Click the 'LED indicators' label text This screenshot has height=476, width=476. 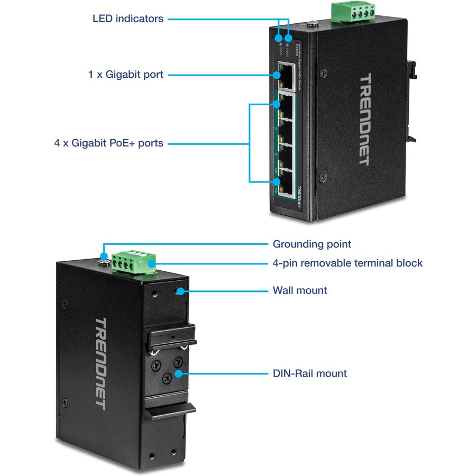[127, 19]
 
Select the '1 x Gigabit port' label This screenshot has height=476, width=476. [126, 75]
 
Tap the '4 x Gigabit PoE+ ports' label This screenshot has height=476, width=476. [108, 143]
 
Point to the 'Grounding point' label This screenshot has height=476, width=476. [312, 244]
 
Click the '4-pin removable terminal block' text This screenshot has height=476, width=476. [347, 263]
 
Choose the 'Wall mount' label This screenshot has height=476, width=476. [299, 290]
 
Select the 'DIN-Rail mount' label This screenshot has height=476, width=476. [309, 373]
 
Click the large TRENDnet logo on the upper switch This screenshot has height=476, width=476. [365, 120]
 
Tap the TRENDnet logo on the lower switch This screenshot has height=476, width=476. [100, 363]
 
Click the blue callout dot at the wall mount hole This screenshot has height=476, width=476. [181, 290]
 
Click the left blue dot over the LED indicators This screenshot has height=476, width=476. [279, 38]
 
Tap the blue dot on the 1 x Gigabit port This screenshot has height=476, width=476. [277, 75]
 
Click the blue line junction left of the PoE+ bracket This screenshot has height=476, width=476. [249, 143]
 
